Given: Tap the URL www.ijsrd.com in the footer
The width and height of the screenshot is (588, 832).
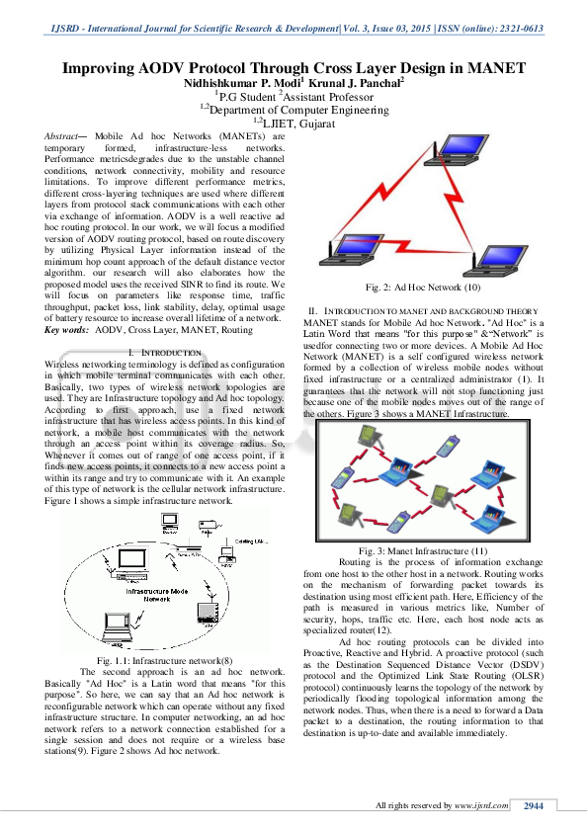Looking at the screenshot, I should (482, 806).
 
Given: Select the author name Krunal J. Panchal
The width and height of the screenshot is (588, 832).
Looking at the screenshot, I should (358, 84).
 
